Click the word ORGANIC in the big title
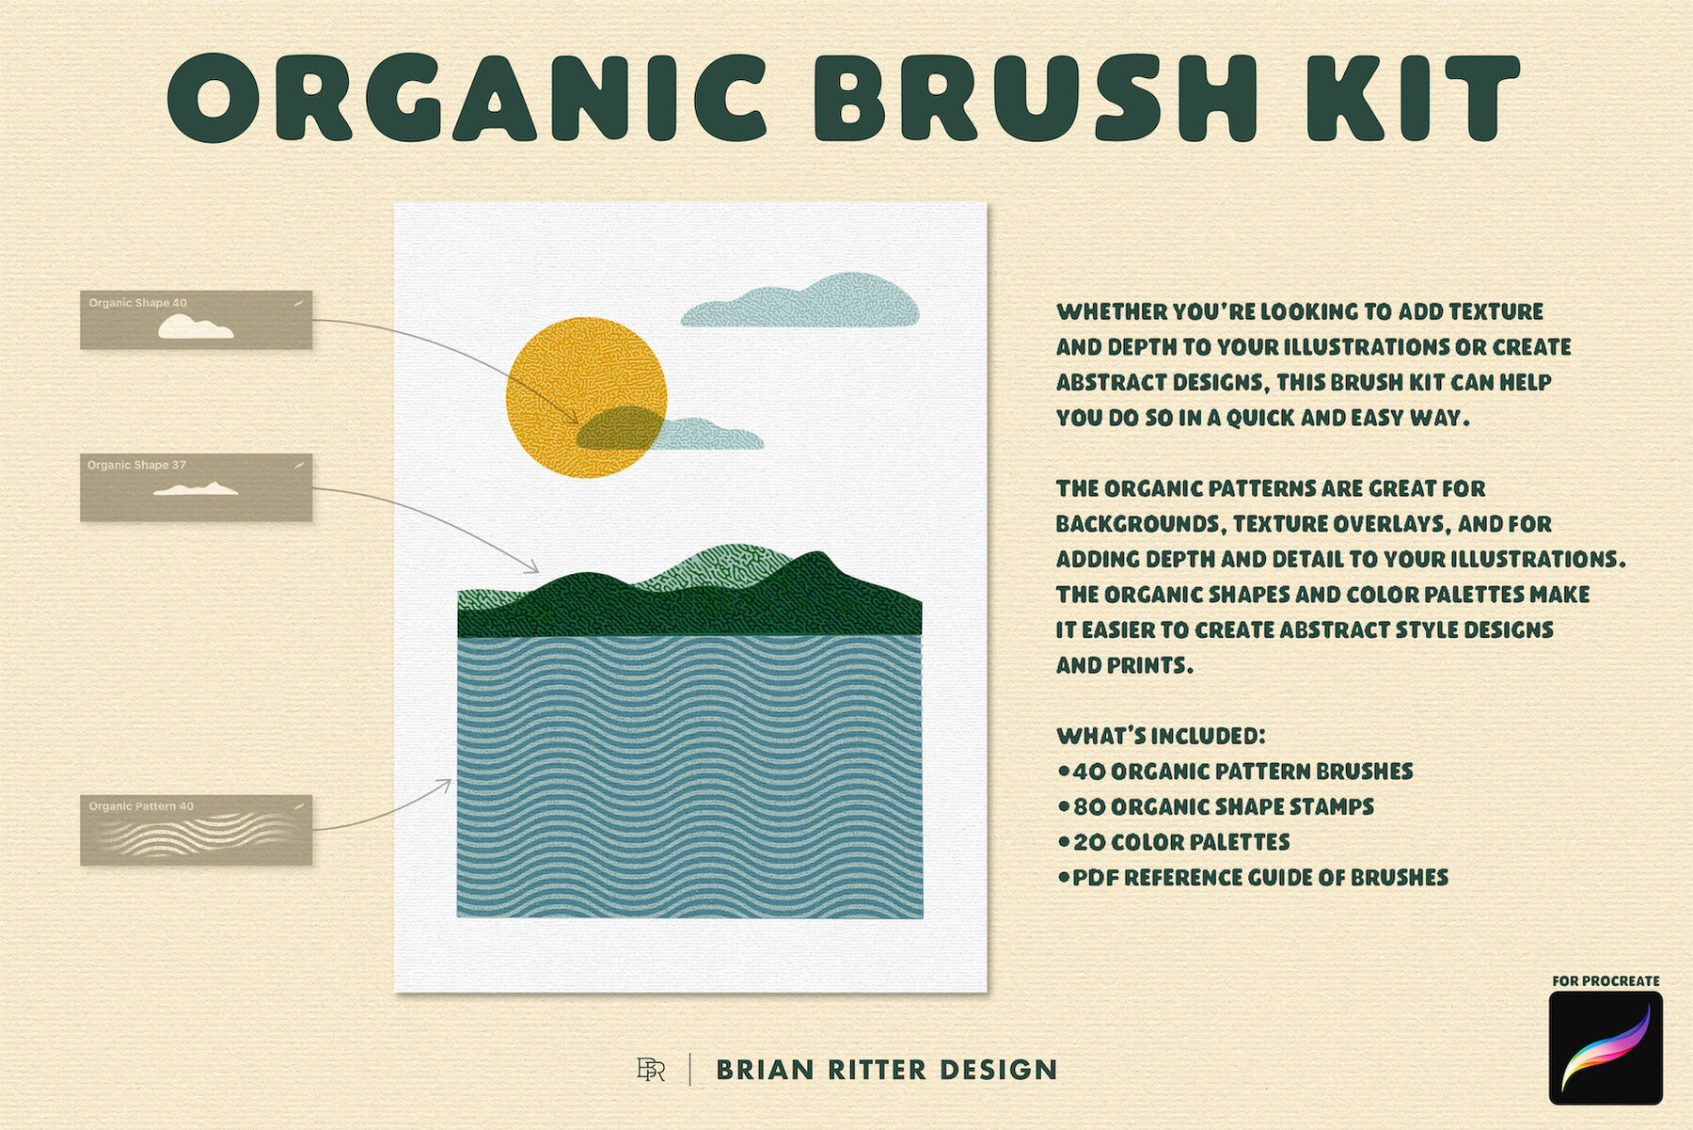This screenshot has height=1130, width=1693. (467, 98)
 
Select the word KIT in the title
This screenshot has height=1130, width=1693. (1411, 98)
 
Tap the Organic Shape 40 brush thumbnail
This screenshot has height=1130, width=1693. (196, 320)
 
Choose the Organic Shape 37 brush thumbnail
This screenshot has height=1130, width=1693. (196, 487)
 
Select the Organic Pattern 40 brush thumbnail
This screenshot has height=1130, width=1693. (196, 830)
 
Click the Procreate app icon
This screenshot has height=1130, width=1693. (1606, 1047)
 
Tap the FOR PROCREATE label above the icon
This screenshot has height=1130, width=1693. (1606, 980)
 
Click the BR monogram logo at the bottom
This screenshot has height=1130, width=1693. (651, 1070)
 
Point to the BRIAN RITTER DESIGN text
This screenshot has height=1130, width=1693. (887, 1070)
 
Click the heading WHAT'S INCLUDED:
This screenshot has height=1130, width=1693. (1161, 736)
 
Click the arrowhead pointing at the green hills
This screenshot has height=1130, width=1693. (532, 567)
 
